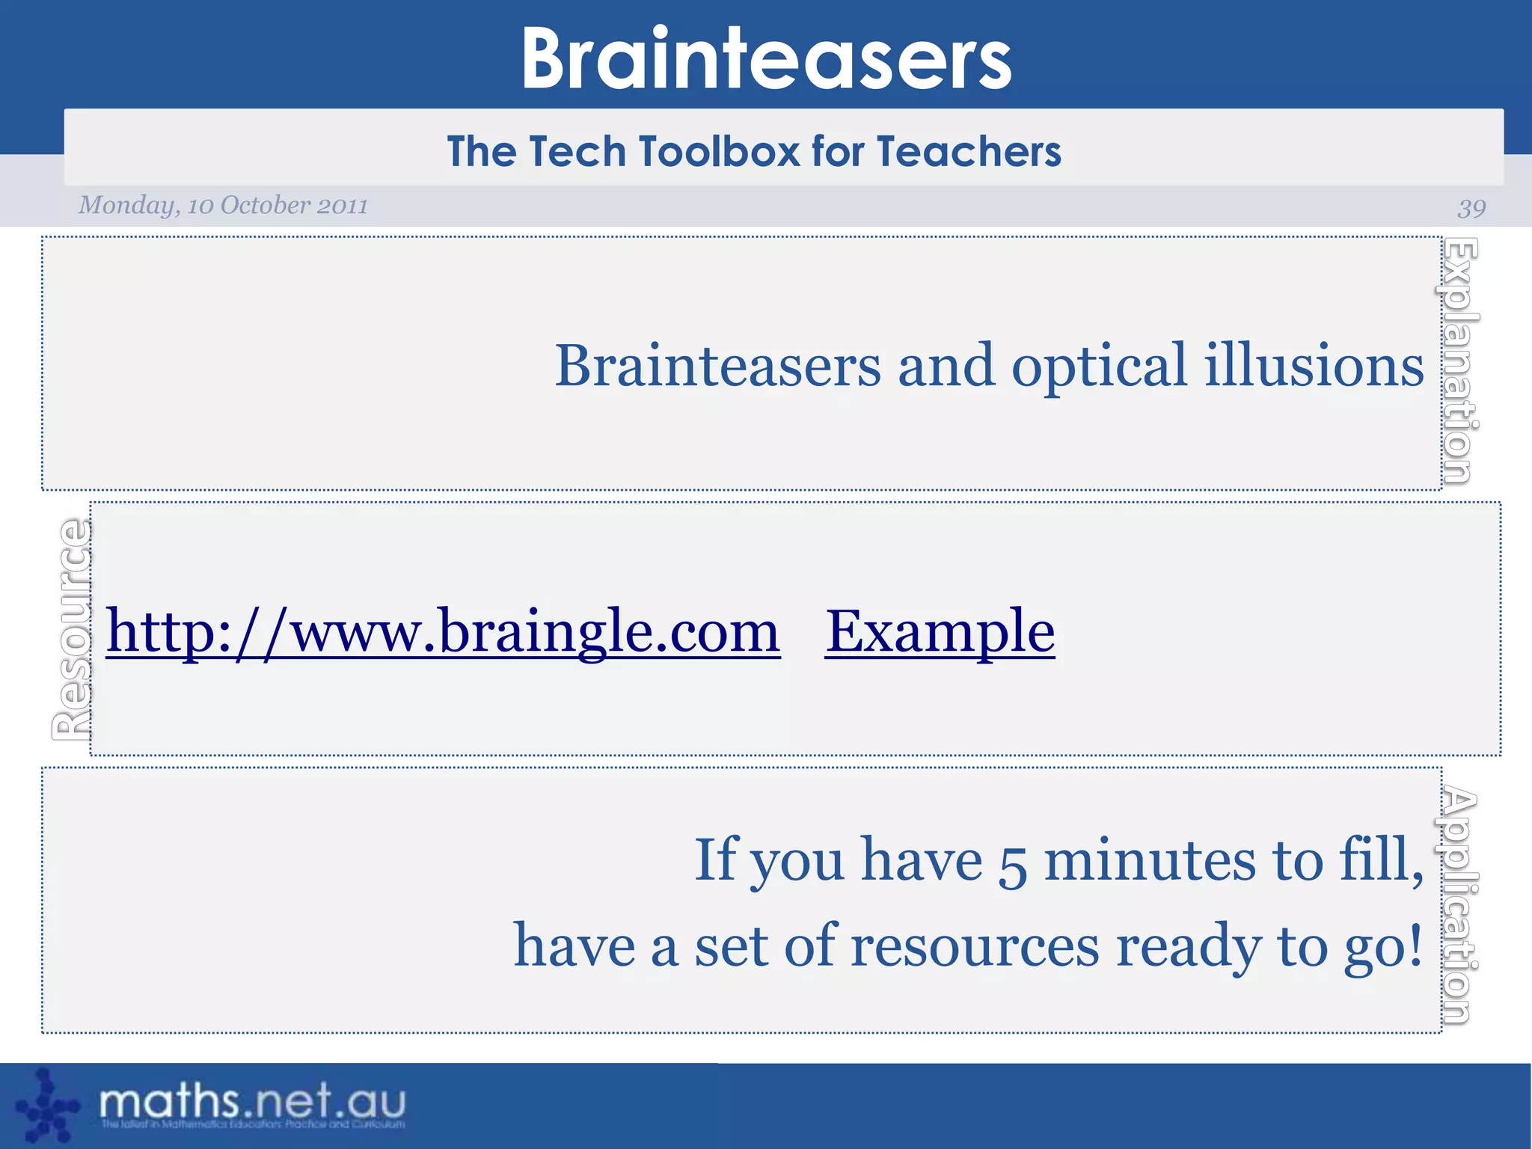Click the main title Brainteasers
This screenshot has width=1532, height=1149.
[x=766, y=58]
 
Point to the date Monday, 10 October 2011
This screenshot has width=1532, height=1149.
[x=223, y=205]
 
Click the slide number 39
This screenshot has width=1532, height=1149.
[x=1471, y=207]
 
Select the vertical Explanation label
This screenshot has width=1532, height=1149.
[x=1459, y=361]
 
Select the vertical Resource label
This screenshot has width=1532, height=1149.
[x=73, y=629]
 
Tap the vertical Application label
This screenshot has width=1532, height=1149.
[x=1459, y=905]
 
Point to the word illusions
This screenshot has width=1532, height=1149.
[x=1314, y=367]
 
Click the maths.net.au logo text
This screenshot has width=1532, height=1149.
[x=252, y=1101]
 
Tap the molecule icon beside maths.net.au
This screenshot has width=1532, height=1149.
[x=46, y=1106]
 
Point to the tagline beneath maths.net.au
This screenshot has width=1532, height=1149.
[x=253, y=1124]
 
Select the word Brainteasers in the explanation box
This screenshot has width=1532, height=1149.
[x=718, y=367]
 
